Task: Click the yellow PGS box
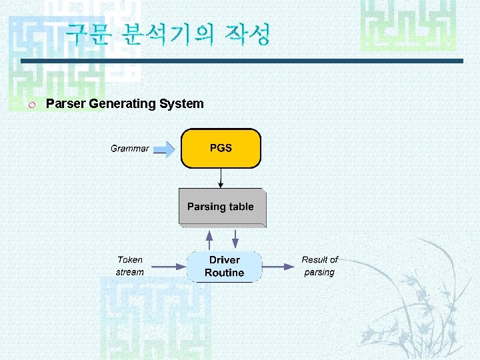coord(221,148)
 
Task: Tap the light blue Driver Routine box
coord(224,267)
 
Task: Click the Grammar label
coord(129,149)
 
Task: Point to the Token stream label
coord(129,266)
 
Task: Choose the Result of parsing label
coord(319,266)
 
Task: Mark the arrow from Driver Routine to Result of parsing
coord(278,267)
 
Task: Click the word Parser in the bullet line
coord(66,103)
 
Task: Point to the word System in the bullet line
coord(182,103)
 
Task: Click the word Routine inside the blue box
coord(224,273)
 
